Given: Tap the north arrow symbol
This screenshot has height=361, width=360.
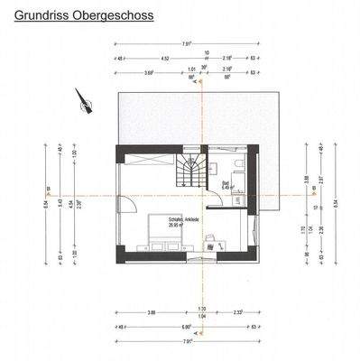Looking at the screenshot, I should coord(87,105).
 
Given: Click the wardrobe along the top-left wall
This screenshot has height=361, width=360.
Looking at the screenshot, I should coord(144,159).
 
